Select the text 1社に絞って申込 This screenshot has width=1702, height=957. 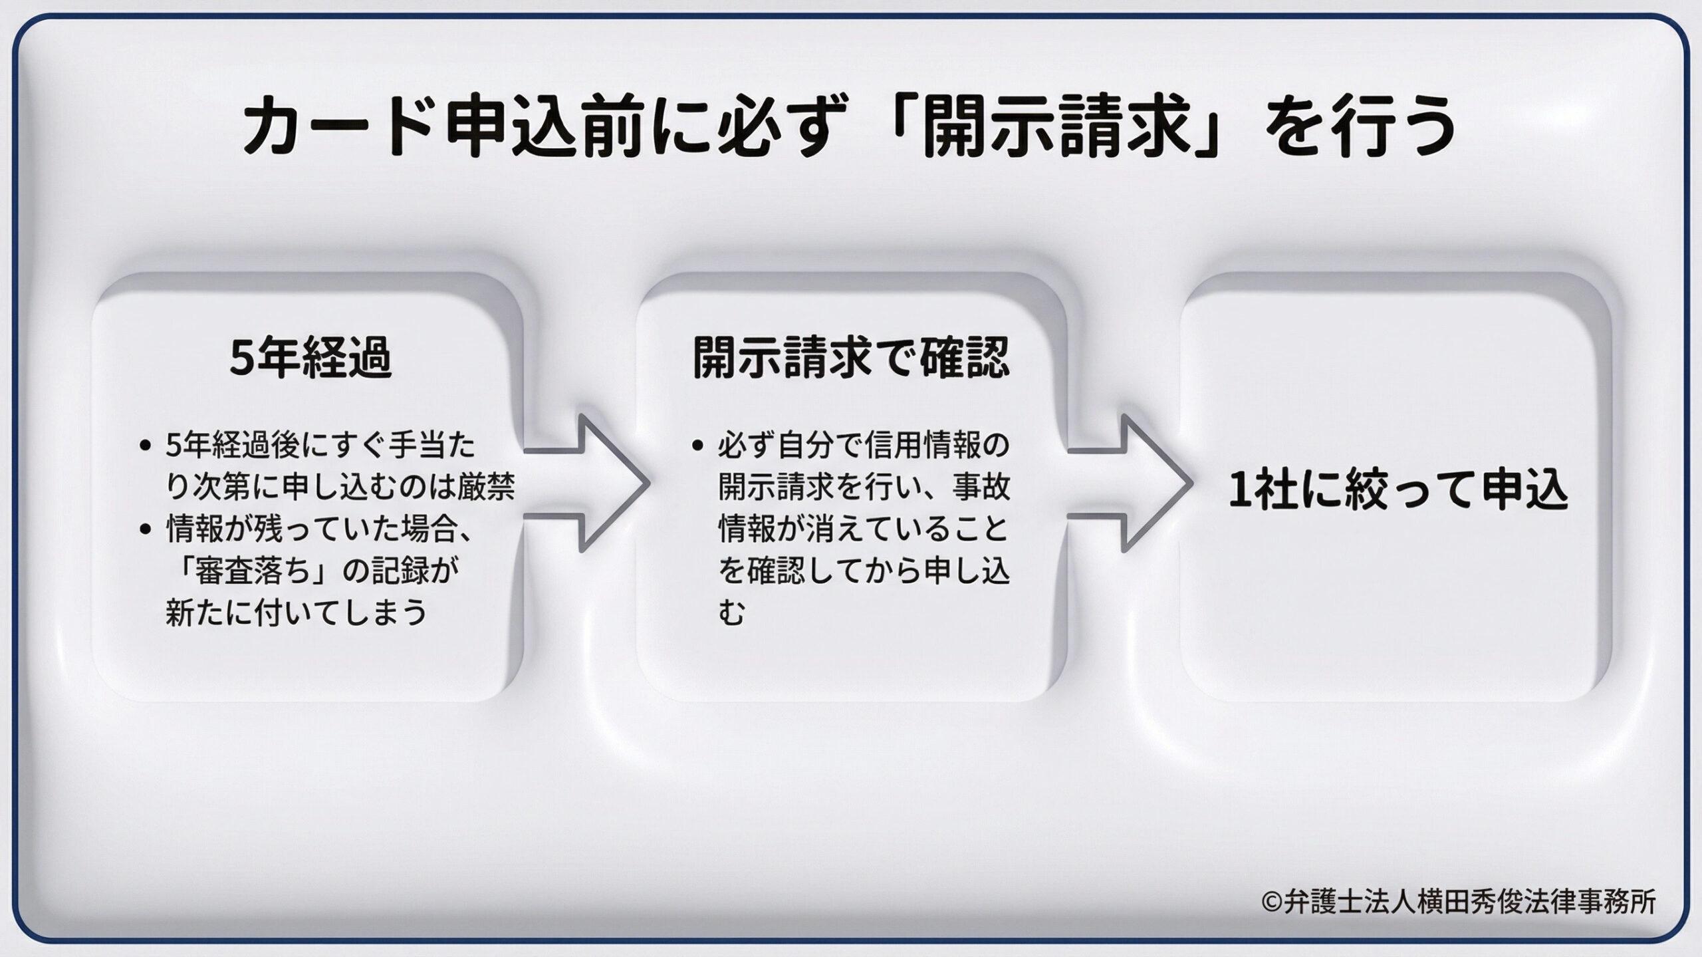coord(1397,490)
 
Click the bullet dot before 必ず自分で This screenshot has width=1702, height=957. coord(697,447)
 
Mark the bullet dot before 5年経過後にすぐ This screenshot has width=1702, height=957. coord(146,447)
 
